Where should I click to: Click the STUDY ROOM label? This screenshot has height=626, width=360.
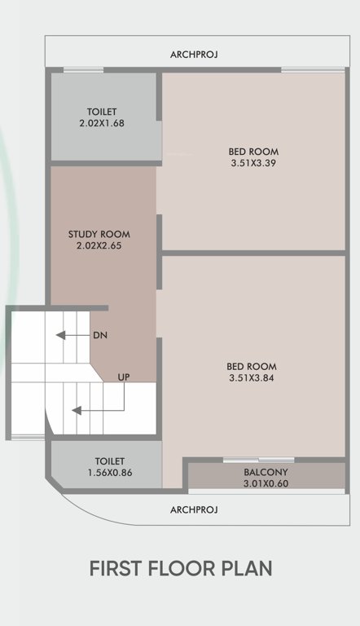point(99,234)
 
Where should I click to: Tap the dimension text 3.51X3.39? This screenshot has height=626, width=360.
point(254,162)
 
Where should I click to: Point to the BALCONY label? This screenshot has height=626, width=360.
point(266,472)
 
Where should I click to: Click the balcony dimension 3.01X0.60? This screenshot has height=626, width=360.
point(266,483)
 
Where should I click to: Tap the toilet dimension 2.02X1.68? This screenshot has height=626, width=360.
point(102,123)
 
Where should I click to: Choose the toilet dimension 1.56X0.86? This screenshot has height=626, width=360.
point(109,473)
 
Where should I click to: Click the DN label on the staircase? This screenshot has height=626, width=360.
point(100,335)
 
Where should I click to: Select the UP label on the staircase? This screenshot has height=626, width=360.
point(124,377)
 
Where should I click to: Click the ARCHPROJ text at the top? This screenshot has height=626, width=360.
point(194,55)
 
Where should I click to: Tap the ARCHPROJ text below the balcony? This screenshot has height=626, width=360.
point(194,510)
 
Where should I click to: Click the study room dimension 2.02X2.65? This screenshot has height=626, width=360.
point(99,245)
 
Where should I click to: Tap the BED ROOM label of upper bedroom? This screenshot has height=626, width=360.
point(254,151)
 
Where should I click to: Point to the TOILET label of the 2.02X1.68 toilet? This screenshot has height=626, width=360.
point(102,112)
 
